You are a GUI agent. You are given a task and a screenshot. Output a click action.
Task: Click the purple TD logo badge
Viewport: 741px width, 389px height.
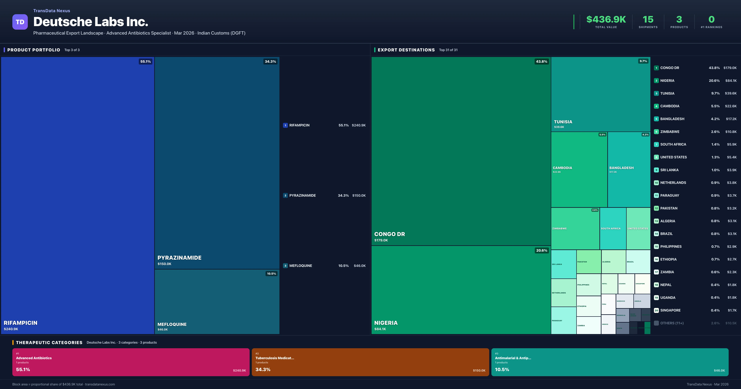point(20,22)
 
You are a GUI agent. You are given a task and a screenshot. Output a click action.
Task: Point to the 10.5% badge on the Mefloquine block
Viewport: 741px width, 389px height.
point(271,274)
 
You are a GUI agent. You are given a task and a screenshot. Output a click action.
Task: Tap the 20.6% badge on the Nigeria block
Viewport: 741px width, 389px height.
point(541,251)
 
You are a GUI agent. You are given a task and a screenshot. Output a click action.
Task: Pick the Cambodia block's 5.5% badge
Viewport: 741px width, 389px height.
point(602,135)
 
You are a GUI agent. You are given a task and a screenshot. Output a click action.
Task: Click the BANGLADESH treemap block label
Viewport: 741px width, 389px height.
point(621,168)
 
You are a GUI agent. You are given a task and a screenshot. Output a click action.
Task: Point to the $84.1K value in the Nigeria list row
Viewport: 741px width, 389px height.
point(731,81)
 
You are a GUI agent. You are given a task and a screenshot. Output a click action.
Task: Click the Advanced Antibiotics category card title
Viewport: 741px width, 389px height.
point(34,358)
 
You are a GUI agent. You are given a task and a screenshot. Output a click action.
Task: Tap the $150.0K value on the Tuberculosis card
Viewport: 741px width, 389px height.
point(479,370)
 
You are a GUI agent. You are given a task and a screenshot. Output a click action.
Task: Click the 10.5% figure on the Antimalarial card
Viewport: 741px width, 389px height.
point(502,369)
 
